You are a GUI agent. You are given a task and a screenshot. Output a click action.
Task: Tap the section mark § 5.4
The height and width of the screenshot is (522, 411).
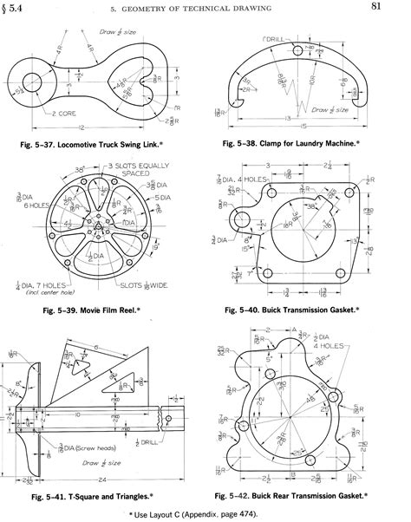click(x=18, y=9)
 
